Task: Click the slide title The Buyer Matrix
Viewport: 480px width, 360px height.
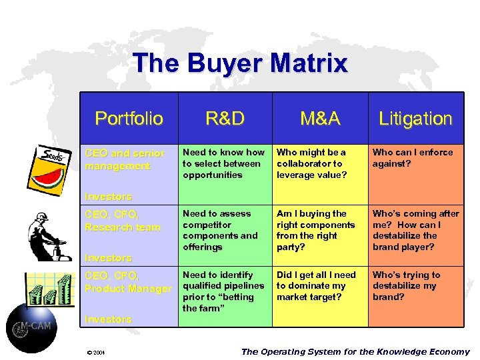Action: click(x=240, y=63)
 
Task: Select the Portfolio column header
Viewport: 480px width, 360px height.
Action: click(x=129, y=119)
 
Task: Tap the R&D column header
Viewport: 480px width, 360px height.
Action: click(x=225, y=119)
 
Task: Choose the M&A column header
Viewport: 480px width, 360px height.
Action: click(x=320, y=119)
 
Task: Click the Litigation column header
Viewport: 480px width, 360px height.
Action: click(x=415, y=119)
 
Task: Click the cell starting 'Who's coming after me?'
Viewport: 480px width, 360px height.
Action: click(x=415, y=230)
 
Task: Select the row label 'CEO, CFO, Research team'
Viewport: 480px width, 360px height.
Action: click(x=123, y=221)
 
